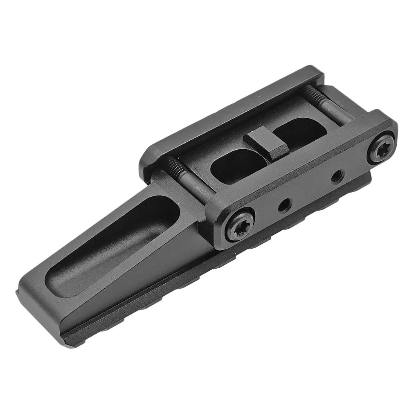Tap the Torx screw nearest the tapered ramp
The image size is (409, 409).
pos(239,224)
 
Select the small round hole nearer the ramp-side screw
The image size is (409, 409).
pos(283,206)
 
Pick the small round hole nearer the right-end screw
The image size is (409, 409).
pos(336,177)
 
